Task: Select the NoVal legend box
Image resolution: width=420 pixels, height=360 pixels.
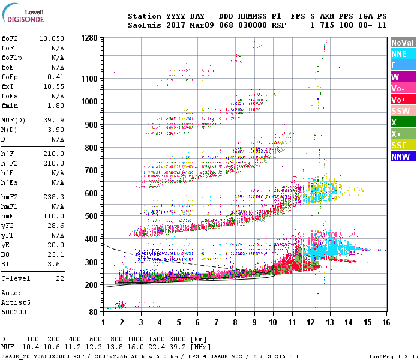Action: pos(401,43)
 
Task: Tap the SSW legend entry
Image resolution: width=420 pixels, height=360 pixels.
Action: pos(401,111)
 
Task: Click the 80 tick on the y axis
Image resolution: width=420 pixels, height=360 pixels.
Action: pos(93,312)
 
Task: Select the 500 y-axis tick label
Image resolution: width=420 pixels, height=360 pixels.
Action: pos(91,216)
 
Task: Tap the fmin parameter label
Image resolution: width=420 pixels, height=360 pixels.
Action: pos(11,106)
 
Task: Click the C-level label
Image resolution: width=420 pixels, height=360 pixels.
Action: pos(16,279)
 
